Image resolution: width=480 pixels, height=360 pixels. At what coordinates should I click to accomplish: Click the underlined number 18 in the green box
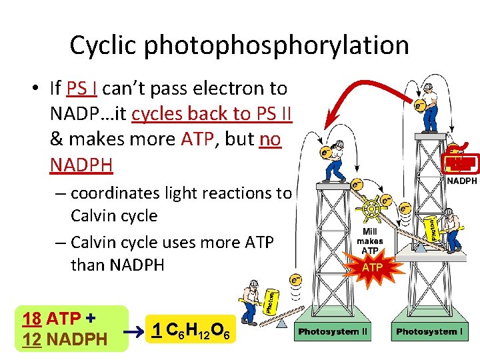coord(31,317)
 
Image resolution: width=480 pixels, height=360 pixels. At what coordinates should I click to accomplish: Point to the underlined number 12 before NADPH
coord(31,339)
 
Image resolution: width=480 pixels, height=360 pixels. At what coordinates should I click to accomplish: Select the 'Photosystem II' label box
coord(333,331)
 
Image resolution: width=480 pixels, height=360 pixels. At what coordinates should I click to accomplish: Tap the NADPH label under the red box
coord(461,181)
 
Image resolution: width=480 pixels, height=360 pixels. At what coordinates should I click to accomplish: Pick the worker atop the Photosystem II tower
coord(337,160)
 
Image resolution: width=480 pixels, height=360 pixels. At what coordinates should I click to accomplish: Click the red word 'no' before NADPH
coord(271,139)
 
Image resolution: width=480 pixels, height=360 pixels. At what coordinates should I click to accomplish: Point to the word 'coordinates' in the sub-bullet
coord(110,193)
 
